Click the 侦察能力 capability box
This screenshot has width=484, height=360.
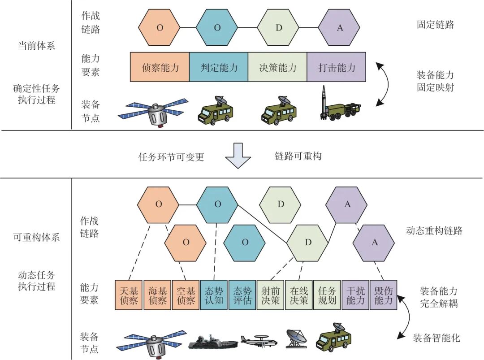(x=160, y=67)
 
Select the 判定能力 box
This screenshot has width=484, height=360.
(x=219, y=67)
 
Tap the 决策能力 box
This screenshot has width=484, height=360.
(x=277, y=67)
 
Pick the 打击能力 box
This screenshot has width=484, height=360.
(x=336, y=67)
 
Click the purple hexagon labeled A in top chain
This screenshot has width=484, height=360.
(x=339, y=28)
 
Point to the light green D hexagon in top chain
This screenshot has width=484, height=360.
(x=278, y=28)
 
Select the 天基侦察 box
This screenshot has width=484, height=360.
(x=130, y=295)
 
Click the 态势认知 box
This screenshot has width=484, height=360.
(x=214, y=295)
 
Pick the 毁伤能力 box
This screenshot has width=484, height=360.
(x=383, y=295)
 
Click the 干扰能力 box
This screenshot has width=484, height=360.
(x=355, y=295)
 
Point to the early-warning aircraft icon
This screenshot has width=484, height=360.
(x=259, y=341)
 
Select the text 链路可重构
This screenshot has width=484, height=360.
(x=298, y=156)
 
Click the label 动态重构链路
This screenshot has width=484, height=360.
(x=434, y=231)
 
